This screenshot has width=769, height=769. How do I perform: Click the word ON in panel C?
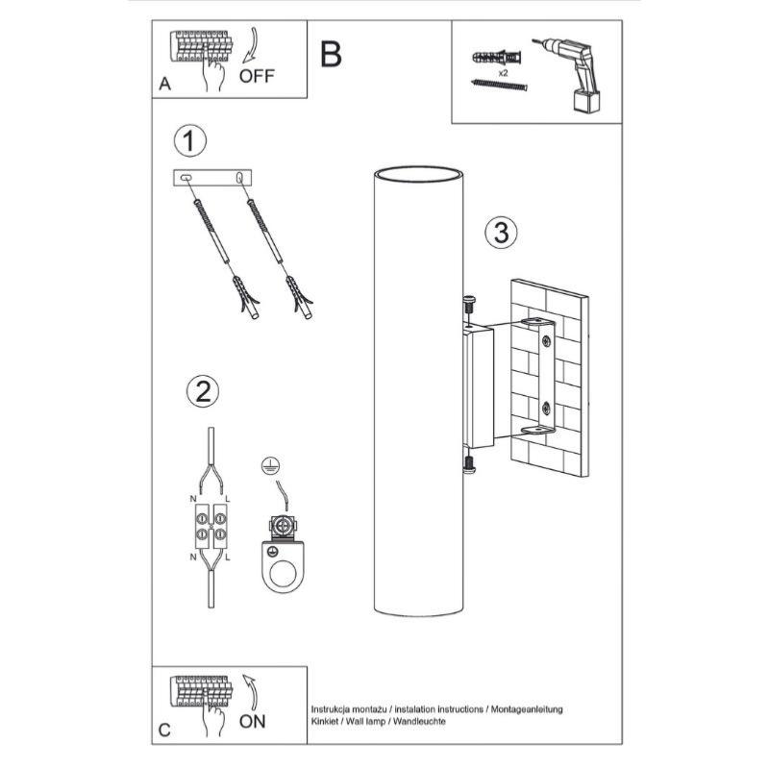[x=252, y=721]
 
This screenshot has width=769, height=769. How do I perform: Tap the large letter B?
[x=331, y=54]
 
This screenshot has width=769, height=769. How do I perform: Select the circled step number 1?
[x=190, y=141]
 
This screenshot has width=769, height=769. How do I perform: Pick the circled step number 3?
[x=501, y=232]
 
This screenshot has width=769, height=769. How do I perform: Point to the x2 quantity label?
[x=503, y=72]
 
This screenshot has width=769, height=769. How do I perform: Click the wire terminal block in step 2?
[x=211, y=524]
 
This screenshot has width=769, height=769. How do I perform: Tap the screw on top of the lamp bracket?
[x=469, y=307]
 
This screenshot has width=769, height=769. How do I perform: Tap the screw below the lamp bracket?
[x=468, y=464]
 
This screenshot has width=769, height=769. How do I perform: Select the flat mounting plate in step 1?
[x=213, y=178]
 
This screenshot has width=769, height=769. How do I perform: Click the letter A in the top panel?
[x=165, y=86]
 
